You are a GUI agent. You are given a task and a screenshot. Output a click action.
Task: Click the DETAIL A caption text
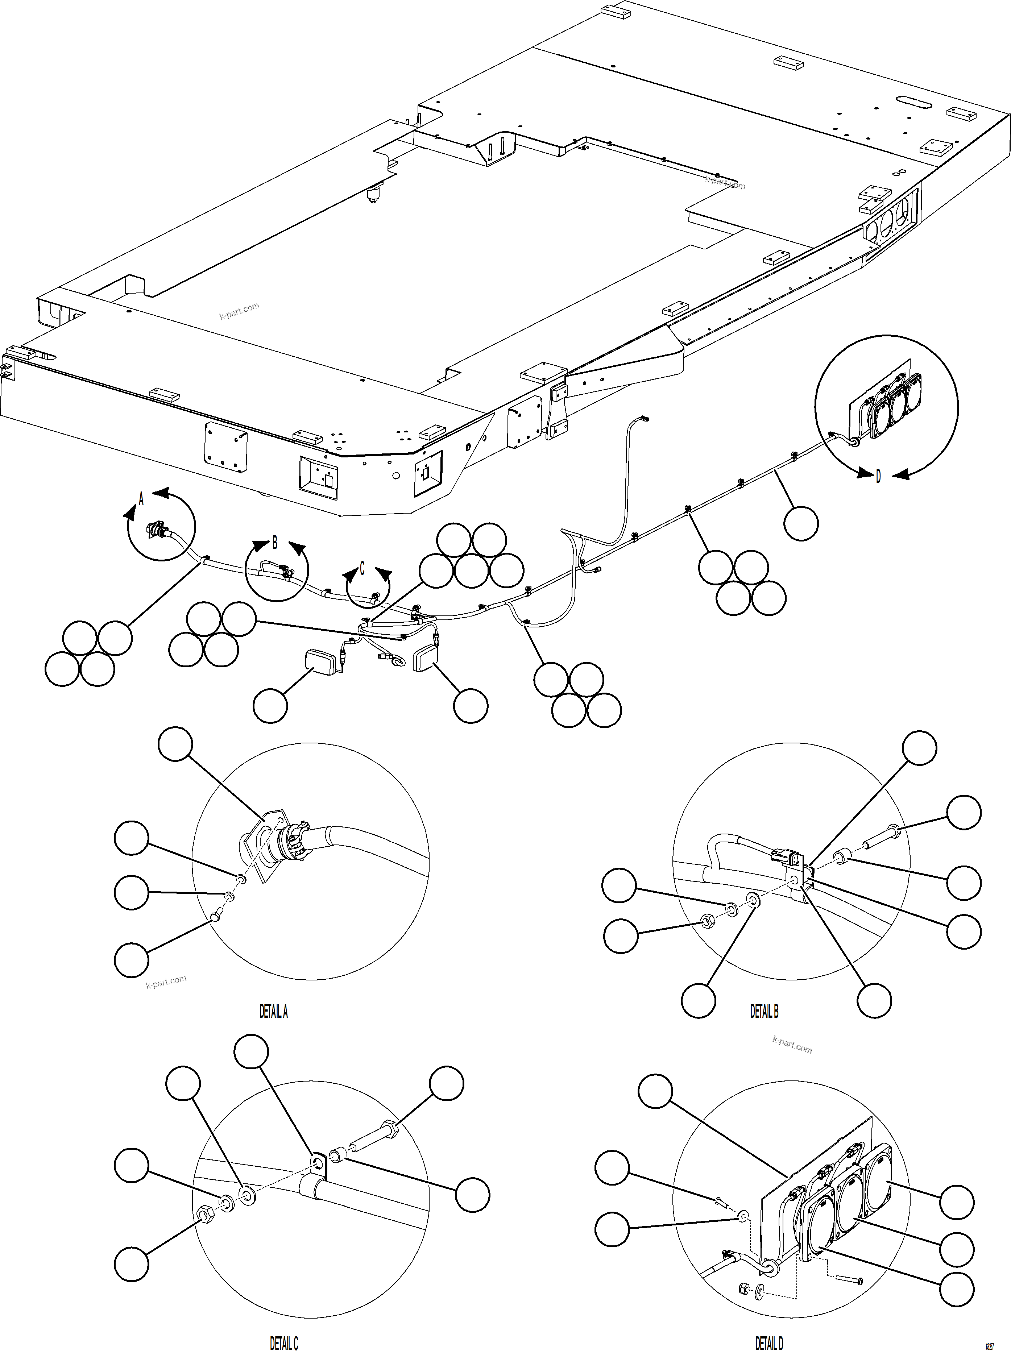(273, 1012)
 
